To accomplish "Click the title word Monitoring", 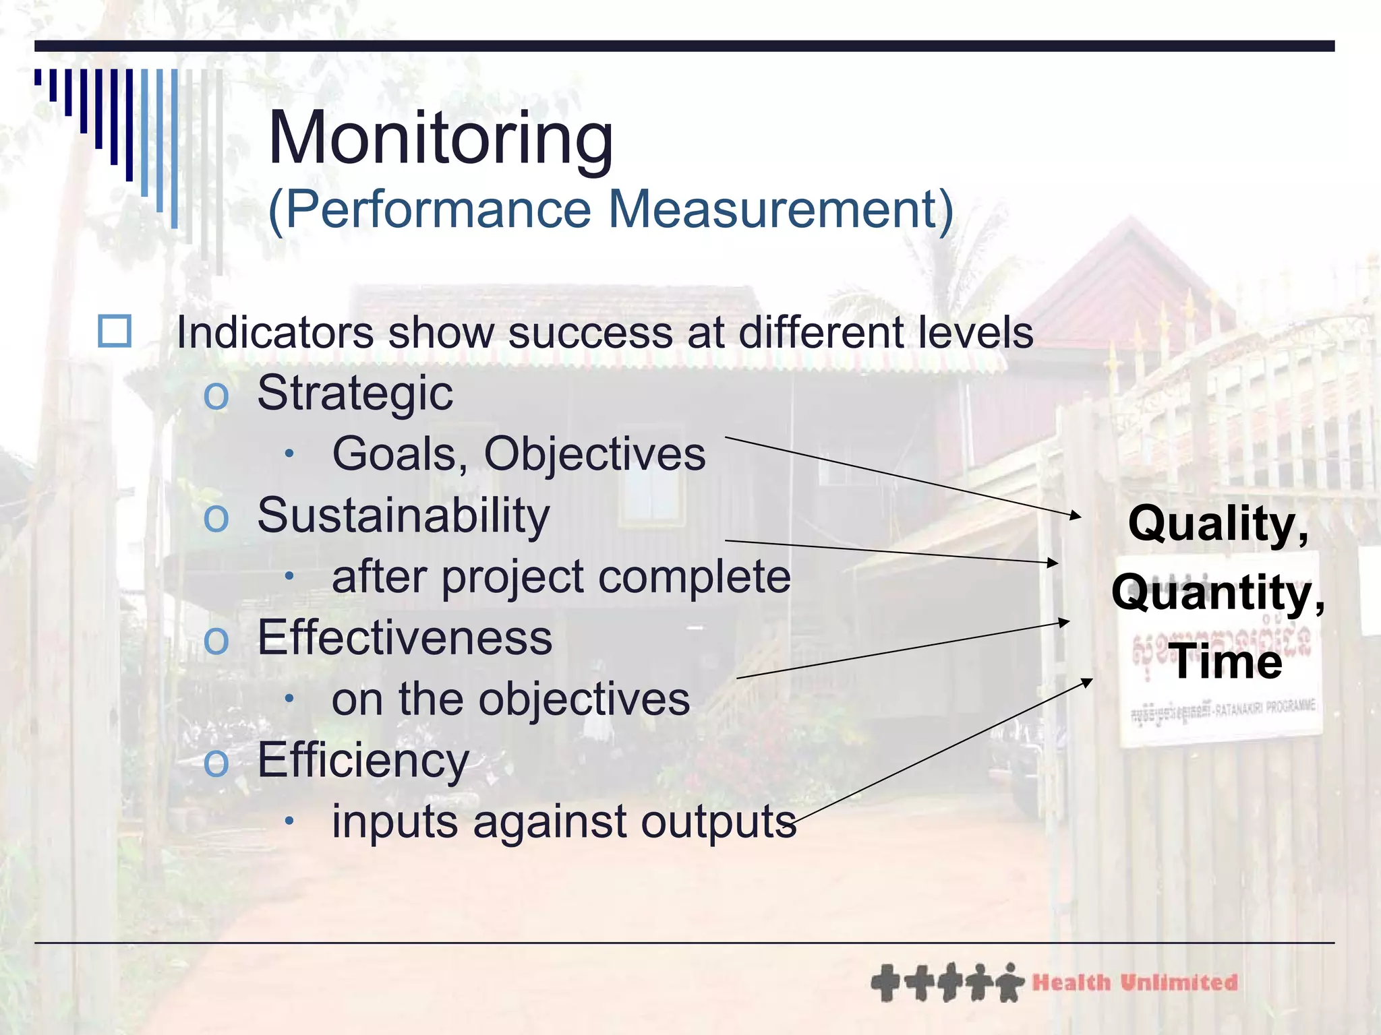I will [441, 139].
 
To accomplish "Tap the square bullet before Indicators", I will [115, 331].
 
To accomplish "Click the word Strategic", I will [355, 393].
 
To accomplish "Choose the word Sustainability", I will [403, 516].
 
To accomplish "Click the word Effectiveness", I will [405, 637].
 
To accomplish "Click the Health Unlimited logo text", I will [1135, 982].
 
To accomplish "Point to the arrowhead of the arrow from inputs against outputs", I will [1088, 681].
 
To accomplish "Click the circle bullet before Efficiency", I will [216, 762].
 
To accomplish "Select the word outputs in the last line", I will [718, 822].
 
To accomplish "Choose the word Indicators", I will [274, 332].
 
